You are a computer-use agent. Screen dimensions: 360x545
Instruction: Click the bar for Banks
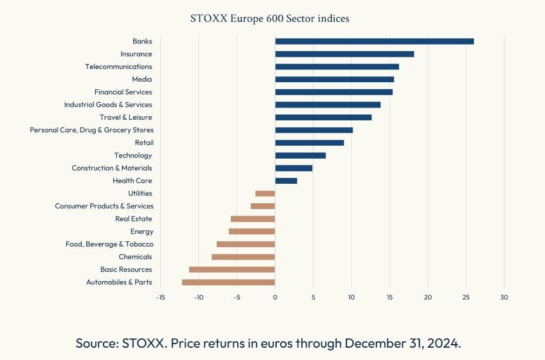[x=374, y=41]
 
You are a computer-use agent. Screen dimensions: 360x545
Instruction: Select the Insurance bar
[x=344, y=54]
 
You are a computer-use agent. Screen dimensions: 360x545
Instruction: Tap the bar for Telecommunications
[x=337, y=67]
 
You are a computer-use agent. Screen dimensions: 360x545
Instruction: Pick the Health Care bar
[x=286, y=181]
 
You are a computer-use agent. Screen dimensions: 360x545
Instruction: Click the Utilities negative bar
[x=265, y=194]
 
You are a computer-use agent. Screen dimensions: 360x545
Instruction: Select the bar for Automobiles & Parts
[x=228, y=282]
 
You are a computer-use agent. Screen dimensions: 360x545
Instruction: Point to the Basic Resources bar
[x=232, y=270]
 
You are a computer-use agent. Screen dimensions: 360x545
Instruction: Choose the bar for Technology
[x=300, y=156]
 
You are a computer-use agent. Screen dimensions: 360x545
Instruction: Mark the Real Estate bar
[x=253, y=219]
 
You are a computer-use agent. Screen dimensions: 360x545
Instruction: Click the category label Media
[x=142, y=79]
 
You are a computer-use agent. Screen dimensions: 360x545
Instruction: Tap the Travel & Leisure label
[x=126, y=117]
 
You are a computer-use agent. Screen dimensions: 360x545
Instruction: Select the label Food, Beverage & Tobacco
[x=109, y=244]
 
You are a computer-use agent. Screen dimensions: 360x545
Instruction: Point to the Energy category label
[x=142, y=231]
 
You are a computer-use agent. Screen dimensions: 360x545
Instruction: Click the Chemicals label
[x=135, y=257]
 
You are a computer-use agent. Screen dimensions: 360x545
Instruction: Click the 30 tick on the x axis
[x=504, y=297]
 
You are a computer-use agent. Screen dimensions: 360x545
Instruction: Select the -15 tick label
[x=160, y=297]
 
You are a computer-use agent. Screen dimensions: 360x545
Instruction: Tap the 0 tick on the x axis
[x=275, y=297]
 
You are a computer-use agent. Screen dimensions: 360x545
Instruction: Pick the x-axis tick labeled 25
[x=466, y=297]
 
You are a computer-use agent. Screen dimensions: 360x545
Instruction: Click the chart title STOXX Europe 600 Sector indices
[x=270, y=19]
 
